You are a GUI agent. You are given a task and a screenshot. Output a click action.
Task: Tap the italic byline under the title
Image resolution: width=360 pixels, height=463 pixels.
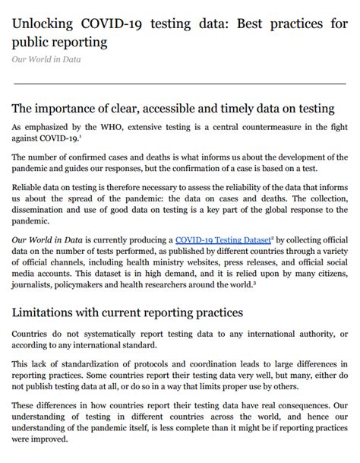click(46, 59)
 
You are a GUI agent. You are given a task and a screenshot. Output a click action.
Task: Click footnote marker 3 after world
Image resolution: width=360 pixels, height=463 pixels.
click(256, 283)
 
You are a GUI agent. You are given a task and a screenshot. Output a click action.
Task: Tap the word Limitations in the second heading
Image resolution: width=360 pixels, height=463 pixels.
click(52, 312)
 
